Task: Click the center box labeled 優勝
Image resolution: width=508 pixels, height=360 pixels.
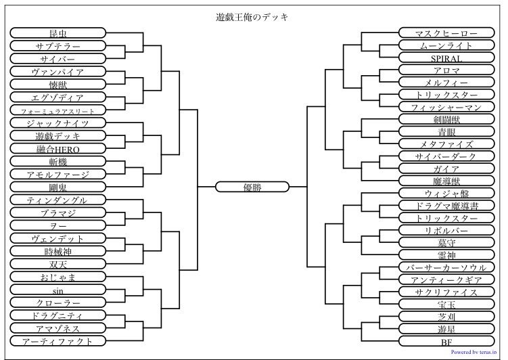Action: [x=252, y=187]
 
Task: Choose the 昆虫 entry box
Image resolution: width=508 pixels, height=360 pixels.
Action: [x=58, y=33]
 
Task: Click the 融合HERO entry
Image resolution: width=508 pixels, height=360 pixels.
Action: [x=58, y=148]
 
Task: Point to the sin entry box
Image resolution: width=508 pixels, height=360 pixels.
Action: [x=58, y=290]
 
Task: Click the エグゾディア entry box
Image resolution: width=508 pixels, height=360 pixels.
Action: [x=58, y=97]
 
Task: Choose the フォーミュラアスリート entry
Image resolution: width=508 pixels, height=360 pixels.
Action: [x=58, y=110]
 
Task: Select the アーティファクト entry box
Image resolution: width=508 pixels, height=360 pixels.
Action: [x=58, y=341]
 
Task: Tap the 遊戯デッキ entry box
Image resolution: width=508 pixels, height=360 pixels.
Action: [x=58, y=135]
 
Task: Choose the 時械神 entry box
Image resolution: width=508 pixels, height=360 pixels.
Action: [x=58, y=251]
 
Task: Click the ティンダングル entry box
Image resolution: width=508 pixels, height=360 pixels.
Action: [x=58, y=200]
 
